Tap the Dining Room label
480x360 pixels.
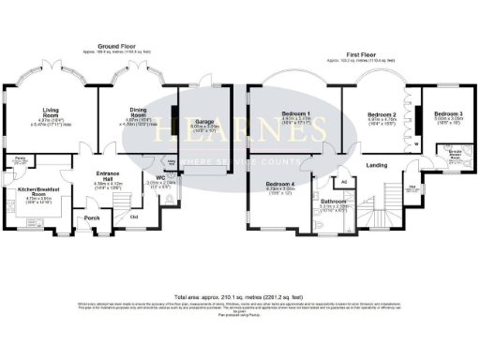coord(137,110)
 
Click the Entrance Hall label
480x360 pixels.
coord(111,172)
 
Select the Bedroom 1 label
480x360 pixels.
coord(297,113)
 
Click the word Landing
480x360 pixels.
coord(376,167)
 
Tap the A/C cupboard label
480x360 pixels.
coord(344,179)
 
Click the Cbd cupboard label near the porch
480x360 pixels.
coord(134,217)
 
